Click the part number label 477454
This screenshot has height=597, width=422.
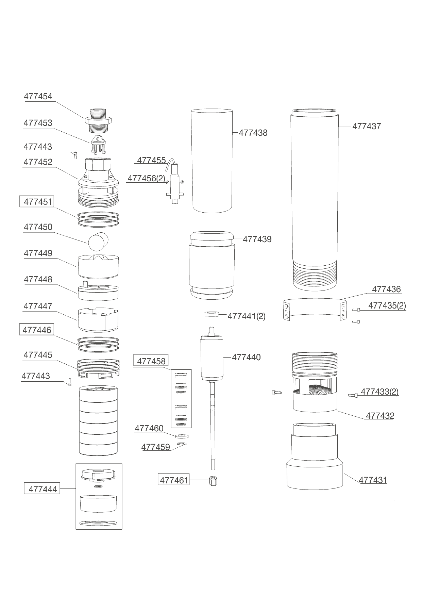(x=38, y=96)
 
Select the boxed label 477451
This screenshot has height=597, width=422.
(x=36, y=202)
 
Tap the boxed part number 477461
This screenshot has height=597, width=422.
(x=174, y=480)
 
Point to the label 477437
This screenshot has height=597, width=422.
(x=367, y=126)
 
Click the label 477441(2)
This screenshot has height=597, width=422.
(x=247, y=316)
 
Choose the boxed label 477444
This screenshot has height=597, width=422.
(x=42, y=489)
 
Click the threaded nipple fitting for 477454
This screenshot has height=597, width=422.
(x=99, y=121)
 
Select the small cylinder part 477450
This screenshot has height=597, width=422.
(x=98, y=242)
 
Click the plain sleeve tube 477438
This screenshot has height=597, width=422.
(x=212, y=161)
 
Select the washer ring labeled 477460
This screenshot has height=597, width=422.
(x=182, y=436)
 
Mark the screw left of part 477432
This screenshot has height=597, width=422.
(x=277, y=393)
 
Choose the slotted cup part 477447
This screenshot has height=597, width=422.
(x=98, y=320)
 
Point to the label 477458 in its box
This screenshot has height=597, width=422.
(x=151, y=361)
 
